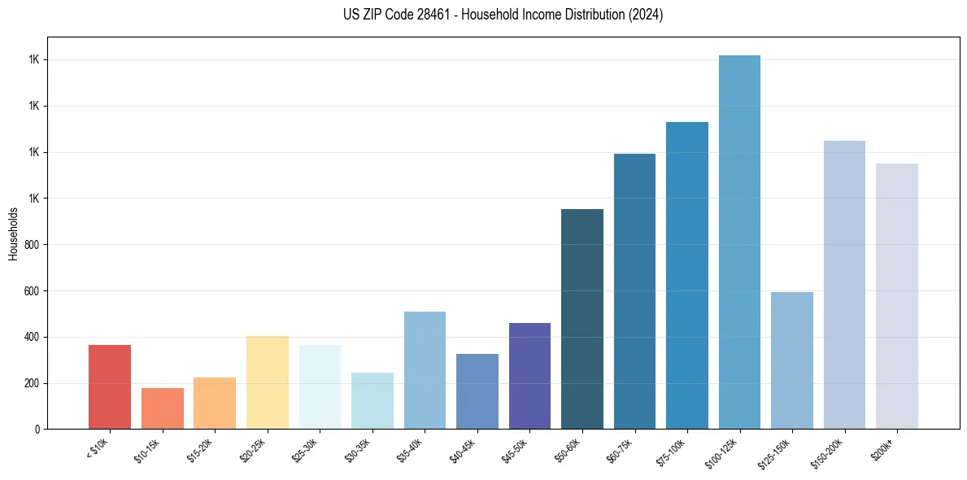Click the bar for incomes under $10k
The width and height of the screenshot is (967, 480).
[110, 387]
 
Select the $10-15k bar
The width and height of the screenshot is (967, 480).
[163, 408]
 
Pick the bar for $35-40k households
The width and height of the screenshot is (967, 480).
[425, 370]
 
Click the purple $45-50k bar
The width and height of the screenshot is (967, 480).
[529, 376]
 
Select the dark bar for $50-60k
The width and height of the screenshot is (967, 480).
[582, 319]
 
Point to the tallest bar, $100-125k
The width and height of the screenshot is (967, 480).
[739, 242]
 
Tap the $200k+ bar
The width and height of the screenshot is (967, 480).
[897, 296]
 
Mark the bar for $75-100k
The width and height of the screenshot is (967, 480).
[687, 275]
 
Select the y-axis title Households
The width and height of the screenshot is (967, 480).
[14, 233]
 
